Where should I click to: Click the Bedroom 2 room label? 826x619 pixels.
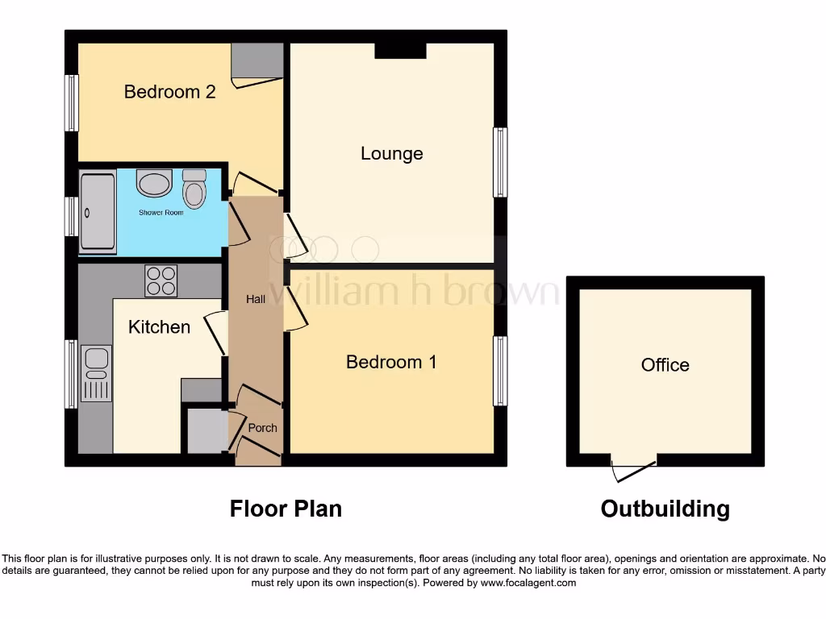[x=169, y=92]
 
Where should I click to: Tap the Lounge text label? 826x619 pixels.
[x=391, y=153]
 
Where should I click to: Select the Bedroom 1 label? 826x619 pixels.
[x=391, y=362]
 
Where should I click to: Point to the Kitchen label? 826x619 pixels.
[x=159, y=326]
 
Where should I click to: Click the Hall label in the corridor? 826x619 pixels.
[x=256, y=299]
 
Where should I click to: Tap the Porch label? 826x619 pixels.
[x=262, y=427]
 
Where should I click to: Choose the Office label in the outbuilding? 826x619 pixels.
[x=665, y=365]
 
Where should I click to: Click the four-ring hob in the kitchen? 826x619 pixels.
[x=161, y=280]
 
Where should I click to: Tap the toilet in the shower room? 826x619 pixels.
[x=194, y=189]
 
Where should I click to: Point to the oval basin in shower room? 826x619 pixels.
[x=154, y=183]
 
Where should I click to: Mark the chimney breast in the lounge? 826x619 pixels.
[x=400, y=50]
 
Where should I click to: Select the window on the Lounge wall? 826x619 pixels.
[x=501, y=162]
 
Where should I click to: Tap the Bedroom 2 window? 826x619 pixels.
[x=72, y=103]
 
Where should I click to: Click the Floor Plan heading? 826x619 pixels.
[x=286, y=509]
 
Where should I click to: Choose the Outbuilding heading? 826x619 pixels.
[x=665, y=509]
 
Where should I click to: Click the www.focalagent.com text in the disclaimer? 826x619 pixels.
[x=528, y=583]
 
